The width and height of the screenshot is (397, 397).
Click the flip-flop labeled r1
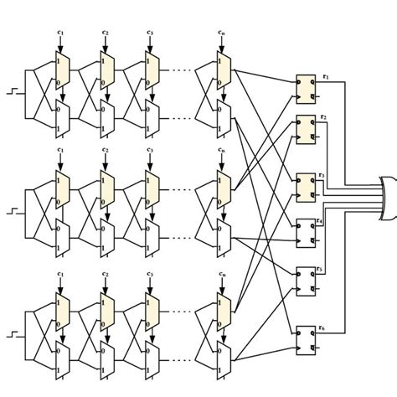(x=307, y=86)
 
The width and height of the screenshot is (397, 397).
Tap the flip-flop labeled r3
(x=307, y=187)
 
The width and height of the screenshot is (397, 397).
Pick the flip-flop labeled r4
(x=307, y=231)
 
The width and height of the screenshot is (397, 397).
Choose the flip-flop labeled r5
(x=307, y=281)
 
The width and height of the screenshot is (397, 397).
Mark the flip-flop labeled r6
(x=307, y=336)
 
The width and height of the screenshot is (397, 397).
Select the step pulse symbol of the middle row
(x=12, y=208)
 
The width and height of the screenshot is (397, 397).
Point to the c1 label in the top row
(x=60, y=33)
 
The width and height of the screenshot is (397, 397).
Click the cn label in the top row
(x=221, y=33)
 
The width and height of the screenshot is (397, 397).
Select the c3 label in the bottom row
(x=150, y=274)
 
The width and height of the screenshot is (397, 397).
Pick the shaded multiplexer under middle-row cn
(x=221, y=191)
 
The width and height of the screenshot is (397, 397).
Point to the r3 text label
(x=321, y=175)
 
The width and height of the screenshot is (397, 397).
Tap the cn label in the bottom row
(x=221, y=274)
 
